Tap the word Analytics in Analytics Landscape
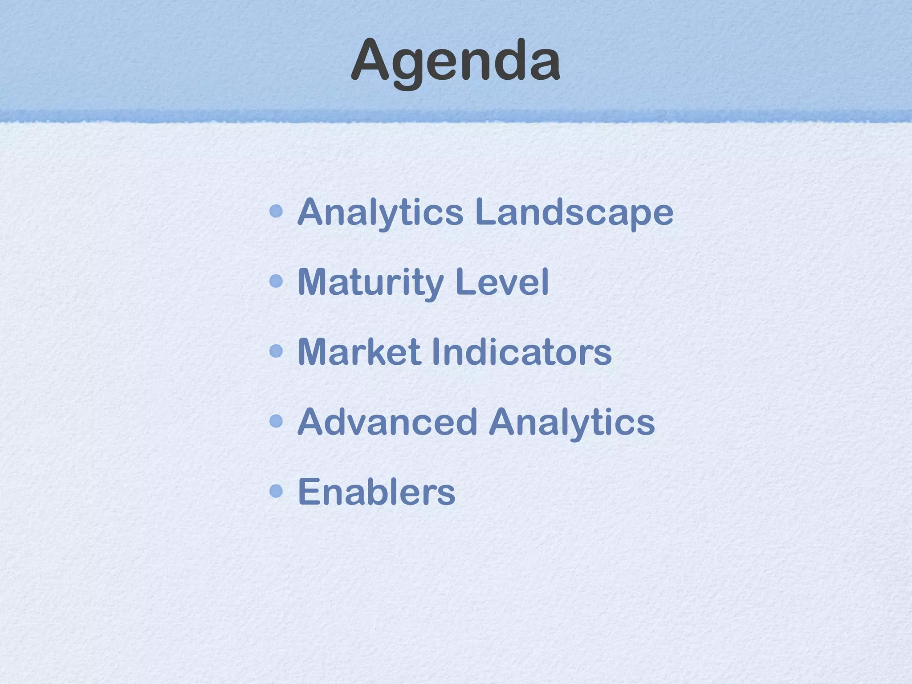click(x=380, y=212)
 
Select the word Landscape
click(x=574, y=212)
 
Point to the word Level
click(x=502, y=282)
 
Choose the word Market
click(x=359, y=352)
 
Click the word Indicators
click(x=522, y=352)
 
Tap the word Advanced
click(x=387, y=422)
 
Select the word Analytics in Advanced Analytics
click(x=572, y=422)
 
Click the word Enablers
click(x=376, y=492)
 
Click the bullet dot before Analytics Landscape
click(x=277, y=211)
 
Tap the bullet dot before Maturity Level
click(x=277, y=281)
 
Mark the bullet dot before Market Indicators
click(x=277, y=351)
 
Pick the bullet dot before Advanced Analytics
click(x=277, y=421)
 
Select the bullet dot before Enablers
click(x=277, y=491)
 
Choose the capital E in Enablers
click(x=308, y=491)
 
